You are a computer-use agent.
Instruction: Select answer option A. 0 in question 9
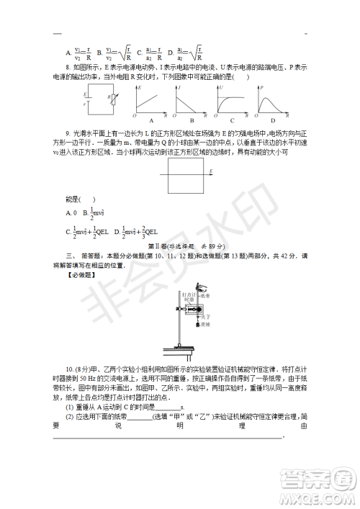(x=71, y=213)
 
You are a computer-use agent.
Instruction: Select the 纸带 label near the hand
(x=205, y=295)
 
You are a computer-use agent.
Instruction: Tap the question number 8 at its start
(x=67, y=67)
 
